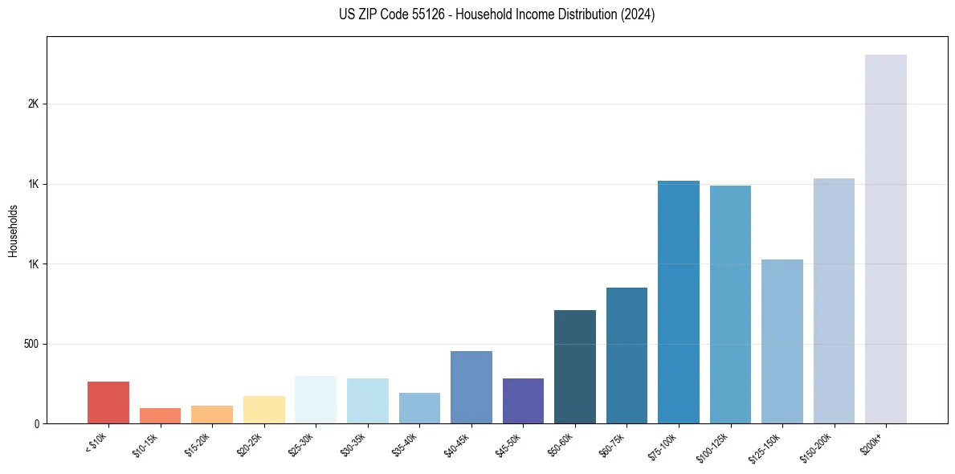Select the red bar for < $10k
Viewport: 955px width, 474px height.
[108, 402]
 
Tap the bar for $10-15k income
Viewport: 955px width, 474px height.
[160, 415]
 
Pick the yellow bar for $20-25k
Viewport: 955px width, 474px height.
[263, 410]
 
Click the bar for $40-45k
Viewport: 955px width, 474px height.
[471, 387]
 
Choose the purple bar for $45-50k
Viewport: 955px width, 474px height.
[523, 401]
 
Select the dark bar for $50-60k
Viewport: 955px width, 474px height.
[574, 366]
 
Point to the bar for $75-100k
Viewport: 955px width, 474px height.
[678, 302]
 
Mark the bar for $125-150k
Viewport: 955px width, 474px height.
[782, 341]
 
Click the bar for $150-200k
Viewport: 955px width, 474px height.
[834, 300]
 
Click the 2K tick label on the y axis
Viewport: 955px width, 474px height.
[33, 104]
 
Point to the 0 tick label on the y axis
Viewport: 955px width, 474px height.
[36, 424]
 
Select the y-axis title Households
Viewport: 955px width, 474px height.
[14, 231]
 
